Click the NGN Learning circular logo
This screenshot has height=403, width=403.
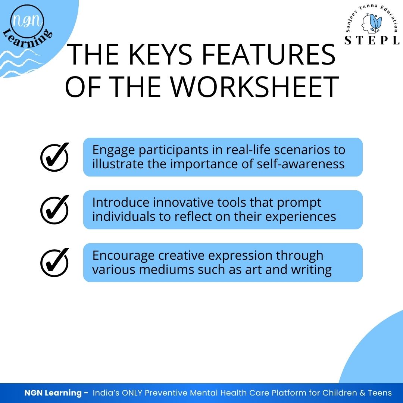[x=27, y=26]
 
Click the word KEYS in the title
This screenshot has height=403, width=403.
[x=160, y=54]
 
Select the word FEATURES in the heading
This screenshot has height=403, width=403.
[x=269, y=54]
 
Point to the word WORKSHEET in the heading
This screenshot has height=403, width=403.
[x=255, y=87]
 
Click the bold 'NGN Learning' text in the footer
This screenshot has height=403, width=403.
[x=53, y=393]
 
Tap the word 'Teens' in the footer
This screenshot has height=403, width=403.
[x=380, y=393]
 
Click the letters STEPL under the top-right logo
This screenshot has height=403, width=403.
[x=372, y=40]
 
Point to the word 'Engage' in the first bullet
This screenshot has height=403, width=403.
[x=113, y=150]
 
